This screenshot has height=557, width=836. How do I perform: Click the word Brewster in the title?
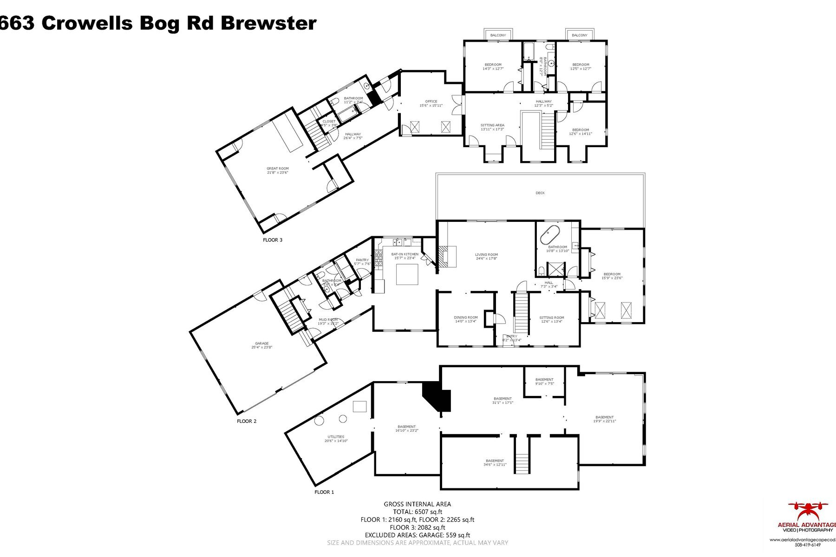pyautogui.click(x=268, y=23)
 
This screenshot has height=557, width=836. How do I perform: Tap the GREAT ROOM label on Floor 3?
pyautogui.click(x=277, y=168)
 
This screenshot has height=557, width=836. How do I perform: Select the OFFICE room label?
pyautogui.click(x=431, y=101)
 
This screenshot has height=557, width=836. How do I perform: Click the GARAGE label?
pyautogui.click(x=261, y=343)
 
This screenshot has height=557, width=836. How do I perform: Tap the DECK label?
pyautogui.click(x=540, y=193)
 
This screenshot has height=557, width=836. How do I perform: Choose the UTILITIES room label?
pyautogui.click(x=336, y=436)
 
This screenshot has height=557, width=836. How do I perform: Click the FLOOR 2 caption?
pyautogui.click(x=247, y=421)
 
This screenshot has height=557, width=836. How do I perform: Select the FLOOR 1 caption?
pyautogui.click(x=324, y=492)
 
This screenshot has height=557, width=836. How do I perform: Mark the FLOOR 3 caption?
pyautogui.click(x=273, y=240)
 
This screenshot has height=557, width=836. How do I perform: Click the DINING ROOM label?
pyautogui.click(x=465, y=317)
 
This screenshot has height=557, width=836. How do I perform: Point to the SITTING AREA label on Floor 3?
pyautogui.click(x=492, y=125)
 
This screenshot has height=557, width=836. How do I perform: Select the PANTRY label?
pyautogui.click(x=362, y=260)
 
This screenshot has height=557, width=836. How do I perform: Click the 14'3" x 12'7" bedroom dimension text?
pyautogui.click(x=493, y=69)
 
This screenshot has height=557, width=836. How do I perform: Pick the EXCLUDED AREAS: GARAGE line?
pyautogui.click(x=417, y=535)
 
